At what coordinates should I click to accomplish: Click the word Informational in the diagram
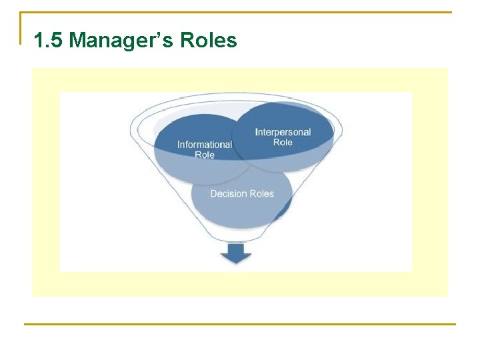click(205, 145)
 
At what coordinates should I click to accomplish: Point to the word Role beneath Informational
click(205, 155)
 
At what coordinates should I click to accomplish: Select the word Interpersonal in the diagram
click(283, 132)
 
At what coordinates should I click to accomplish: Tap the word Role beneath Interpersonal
click(283, 142)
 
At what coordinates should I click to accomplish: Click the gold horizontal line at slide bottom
click(240, 325)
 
